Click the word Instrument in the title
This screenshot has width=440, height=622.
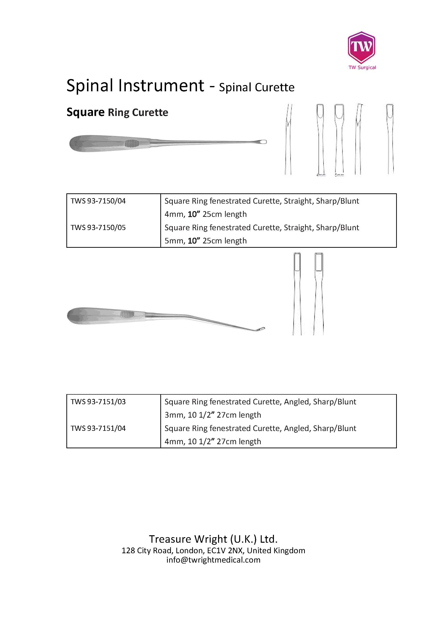click(161, 86)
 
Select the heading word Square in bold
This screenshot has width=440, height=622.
click(85, 112)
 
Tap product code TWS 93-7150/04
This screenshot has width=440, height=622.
click(98, 201)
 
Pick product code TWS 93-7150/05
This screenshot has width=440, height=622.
click(98, 228)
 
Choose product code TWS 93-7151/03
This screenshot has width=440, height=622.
click(98, 402)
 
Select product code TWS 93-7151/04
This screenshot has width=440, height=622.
click(98, 428)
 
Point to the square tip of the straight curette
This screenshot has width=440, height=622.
click(263, 142)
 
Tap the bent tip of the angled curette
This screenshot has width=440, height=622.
click(261, 329)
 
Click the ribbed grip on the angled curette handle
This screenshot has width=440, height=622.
click(127, 314)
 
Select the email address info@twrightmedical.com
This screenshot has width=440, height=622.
click(213, 560)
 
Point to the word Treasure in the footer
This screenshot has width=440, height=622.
click(170, 539)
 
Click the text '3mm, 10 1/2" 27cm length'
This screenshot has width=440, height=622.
click(213, 415)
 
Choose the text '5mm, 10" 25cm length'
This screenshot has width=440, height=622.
click(206, 241)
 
